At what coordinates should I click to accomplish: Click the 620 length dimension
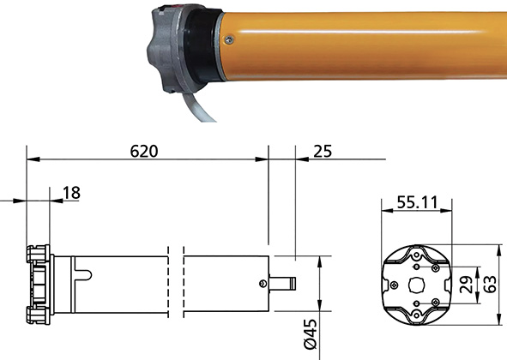144,150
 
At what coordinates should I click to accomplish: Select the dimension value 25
322,150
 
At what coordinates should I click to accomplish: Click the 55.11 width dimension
415,203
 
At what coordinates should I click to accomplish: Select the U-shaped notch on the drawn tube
83,273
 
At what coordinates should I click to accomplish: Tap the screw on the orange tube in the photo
227,38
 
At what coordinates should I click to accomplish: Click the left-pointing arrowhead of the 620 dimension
31,159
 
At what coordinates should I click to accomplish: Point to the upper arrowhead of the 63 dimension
498,247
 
